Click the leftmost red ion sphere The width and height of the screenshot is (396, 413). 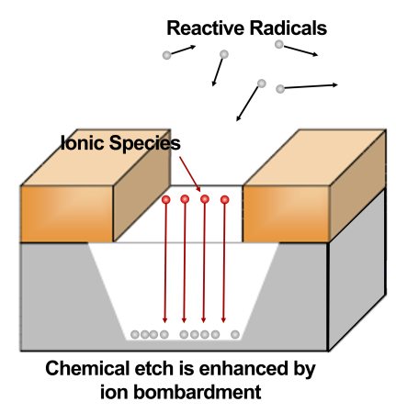166,199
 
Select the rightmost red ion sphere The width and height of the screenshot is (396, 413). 223,198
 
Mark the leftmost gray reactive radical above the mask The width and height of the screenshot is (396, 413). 166,55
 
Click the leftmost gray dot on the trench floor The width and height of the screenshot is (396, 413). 135,334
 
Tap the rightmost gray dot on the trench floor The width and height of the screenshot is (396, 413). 235,334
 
